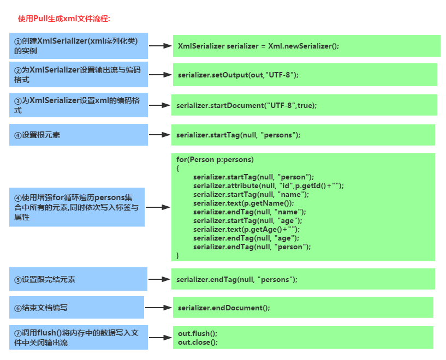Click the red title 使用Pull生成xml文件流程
(64, 19)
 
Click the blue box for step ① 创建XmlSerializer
(79, 46)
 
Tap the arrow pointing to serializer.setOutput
(160, 75)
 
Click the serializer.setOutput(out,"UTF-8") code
(238, 75)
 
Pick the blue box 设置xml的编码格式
(79, 105)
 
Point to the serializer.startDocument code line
(247, 105)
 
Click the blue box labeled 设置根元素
(79, 135)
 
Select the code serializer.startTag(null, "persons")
(239, 135)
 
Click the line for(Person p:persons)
(215, 160)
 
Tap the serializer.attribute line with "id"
(268, 186)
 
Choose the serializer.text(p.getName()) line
(243, 203)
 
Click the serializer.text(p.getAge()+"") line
(246, 230)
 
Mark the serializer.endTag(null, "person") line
(252, 247)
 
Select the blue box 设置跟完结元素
(79, 279)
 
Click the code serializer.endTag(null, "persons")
(237, 279)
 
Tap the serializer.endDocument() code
(224, 308)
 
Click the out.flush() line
(198, 333)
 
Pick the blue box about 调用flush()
(79, 338)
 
